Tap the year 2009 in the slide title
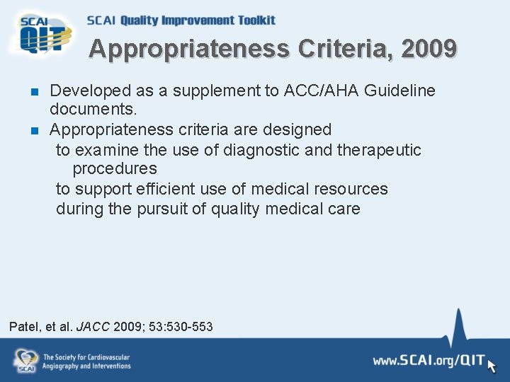pos(429,50)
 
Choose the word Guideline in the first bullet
pos(400,91)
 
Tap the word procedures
pos(115,169)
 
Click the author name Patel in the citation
pos(24,327)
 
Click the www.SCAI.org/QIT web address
pos(427,361)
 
